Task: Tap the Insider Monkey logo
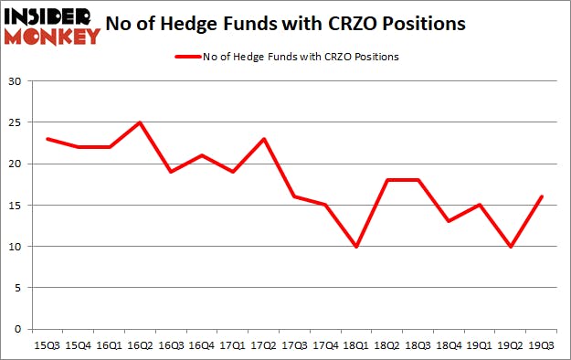tap(53, 26)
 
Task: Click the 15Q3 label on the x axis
tap(48, 344)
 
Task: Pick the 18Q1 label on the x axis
tap(356, 344)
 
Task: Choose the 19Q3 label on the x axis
tap(541, 344)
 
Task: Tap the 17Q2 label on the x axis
tap(264, 344)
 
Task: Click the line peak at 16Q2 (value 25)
tap(141, 122)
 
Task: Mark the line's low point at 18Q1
tap(356, 246)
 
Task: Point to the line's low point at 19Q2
tap(511, 246)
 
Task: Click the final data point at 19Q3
tap(541, 196)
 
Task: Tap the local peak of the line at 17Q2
tap(264, 139)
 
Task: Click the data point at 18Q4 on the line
tap(449, 221)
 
